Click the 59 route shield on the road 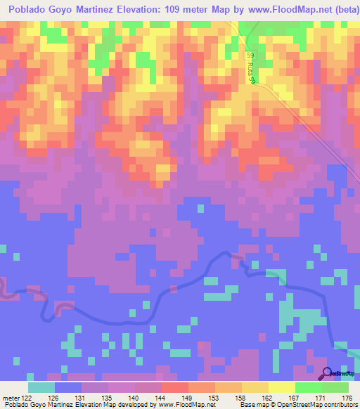[x=251, y=55]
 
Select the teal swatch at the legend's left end [x=41, y=387]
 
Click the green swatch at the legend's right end [x=335, y=387]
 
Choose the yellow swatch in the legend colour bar [x=282, y=387]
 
